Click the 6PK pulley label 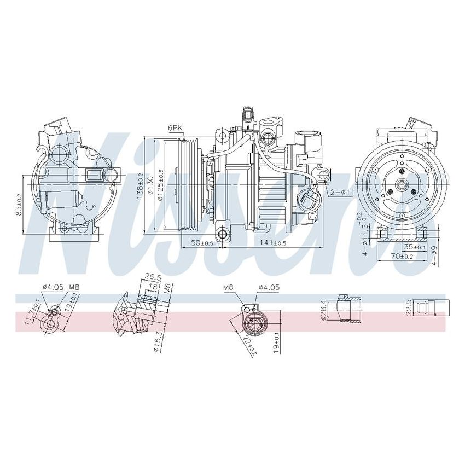pyautogui.click(x=175, y=127)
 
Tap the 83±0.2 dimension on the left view pyautogui.click(x=20, y=204)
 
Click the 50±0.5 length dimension pyautogui.click(x=202, y=242)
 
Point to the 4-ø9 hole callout pyautogui.click(x=434, y=255)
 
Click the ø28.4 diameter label pyautogui.click(x=324, y=310)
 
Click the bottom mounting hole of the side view pyautogui.click(x=222, y=235)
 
